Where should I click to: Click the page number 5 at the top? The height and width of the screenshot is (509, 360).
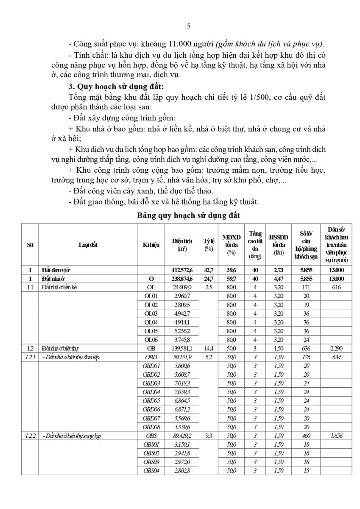pyautogui.click(x=188, y=26)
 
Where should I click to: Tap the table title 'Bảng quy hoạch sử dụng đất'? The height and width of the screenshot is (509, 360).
pyautogui.click(x=188, y=215)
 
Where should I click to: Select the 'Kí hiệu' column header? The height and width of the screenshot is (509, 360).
pyautogui.click(x=151, y=244)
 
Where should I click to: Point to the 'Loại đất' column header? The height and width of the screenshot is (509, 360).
pyautogui.click(x=88, y=244)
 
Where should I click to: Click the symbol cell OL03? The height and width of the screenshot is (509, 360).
pyautogui.click(x=151, y=313)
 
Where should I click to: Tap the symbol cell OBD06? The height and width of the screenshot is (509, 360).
pyautogui.click(x=151, y=409)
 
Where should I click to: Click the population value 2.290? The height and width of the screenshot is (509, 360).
pyautogui.click(x=337, y=348)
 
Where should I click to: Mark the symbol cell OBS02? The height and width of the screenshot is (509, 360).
pyautogui.click(x=151, y=453)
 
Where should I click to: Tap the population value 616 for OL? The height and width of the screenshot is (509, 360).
pyautogui.click(x=337, y=288)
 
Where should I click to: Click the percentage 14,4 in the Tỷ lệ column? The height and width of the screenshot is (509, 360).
pyautogui.click(x=208, y=348)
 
